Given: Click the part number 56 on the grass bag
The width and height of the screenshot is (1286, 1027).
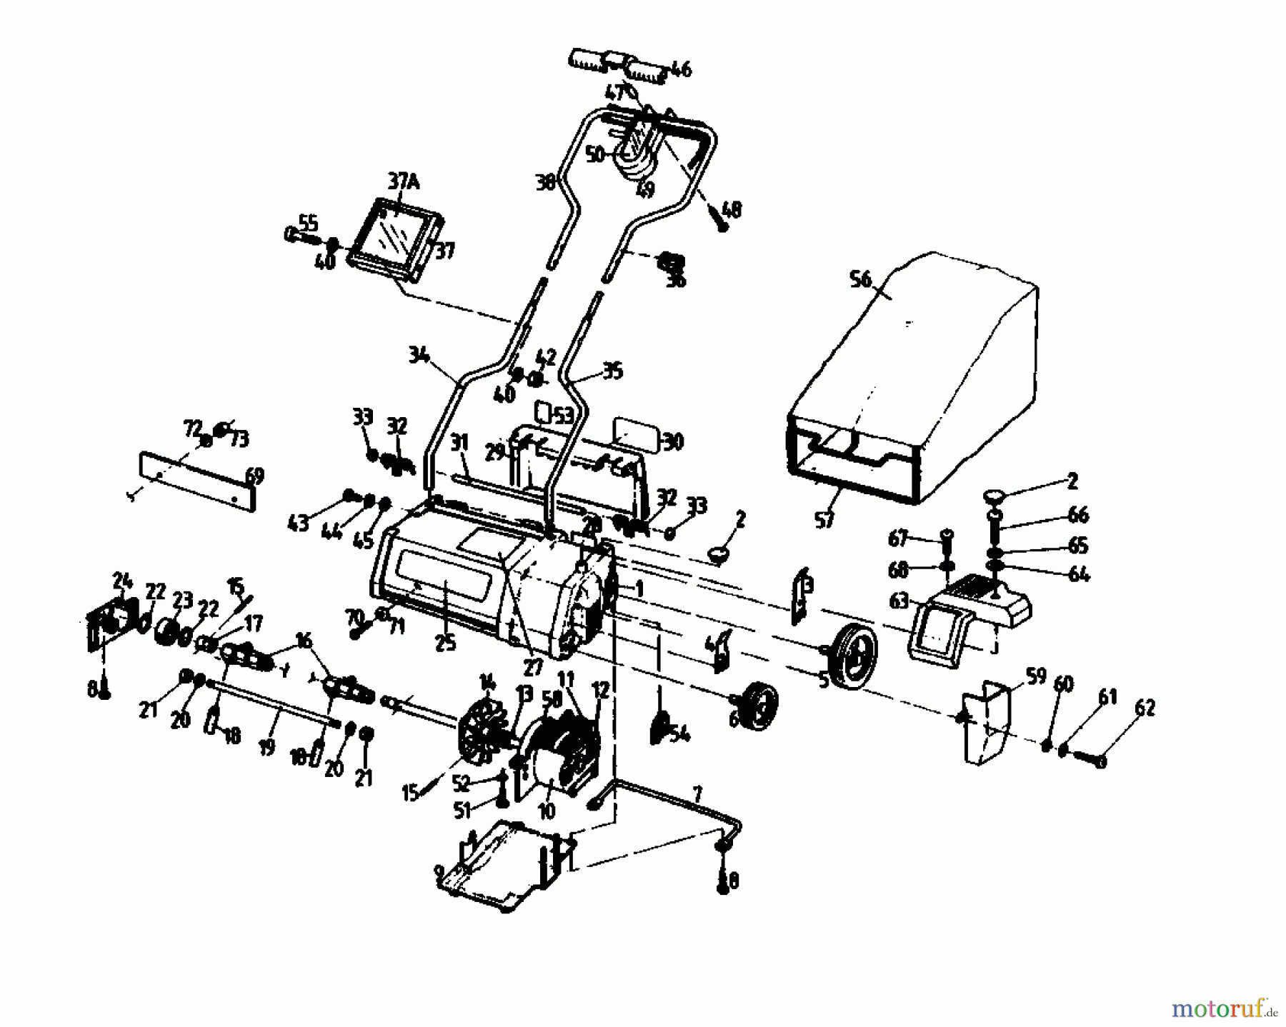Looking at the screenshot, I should coord(862,279).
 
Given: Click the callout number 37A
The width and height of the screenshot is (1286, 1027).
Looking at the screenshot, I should coord(403,184).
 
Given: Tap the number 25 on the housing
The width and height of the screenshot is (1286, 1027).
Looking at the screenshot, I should coord(444,642).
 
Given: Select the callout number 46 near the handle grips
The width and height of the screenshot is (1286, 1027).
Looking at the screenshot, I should coord(679,69).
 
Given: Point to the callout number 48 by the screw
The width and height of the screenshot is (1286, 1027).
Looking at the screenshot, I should coord(731,209).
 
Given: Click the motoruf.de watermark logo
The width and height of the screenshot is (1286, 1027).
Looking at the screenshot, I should coord(1222,1008).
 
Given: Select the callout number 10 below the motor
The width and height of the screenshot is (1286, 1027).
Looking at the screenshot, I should coord(547,811).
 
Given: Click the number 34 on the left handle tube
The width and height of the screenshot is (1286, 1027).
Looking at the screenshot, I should coord(421,355).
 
